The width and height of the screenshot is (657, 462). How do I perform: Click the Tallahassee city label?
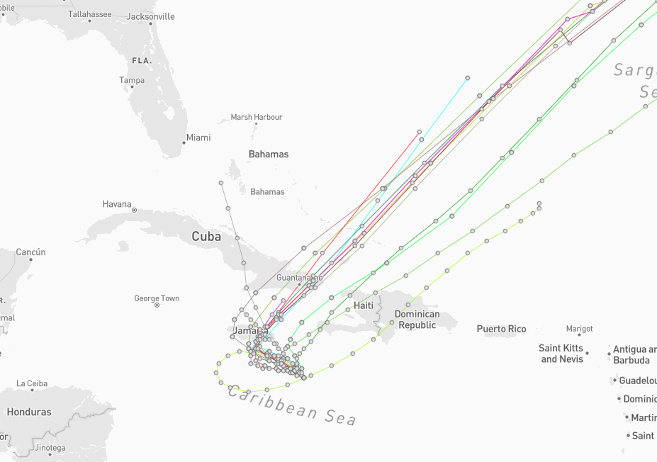(x=89, y=14)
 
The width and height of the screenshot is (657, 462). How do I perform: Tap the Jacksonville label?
(x=150, y=16)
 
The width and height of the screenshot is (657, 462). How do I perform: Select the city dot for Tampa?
(x=132, y=87)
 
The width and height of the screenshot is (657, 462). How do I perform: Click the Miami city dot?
(x=184, y=142)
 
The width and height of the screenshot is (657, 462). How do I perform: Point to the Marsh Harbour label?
(x=257, y=117)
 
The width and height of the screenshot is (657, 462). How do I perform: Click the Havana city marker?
(x=134, y=210)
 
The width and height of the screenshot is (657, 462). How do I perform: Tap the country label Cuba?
(x=206, y=237)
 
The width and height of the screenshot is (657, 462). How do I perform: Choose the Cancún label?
(x=30, y=252)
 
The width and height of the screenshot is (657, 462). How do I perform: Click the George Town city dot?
(x=157, y=305)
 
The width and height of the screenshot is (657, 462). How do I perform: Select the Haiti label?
(x=364, y=305)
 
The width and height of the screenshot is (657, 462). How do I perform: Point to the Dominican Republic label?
(x=417, y=320)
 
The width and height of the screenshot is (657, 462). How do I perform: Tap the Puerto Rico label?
(x=501, y=329)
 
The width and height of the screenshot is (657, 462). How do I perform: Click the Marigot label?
(x=579, y=329)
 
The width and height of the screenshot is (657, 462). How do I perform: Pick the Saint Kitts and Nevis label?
(x=561, y=354)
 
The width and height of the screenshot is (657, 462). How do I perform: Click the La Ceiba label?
(x=32, y=383)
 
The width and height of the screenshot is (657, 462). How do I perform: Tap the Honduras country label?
(x=29, y=412)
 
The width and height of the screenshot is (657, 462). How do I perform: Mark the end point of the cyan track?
(x=467, y=78)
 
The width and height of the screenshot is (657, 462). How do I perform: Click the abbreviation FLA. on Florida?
(x=142, y=61)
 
